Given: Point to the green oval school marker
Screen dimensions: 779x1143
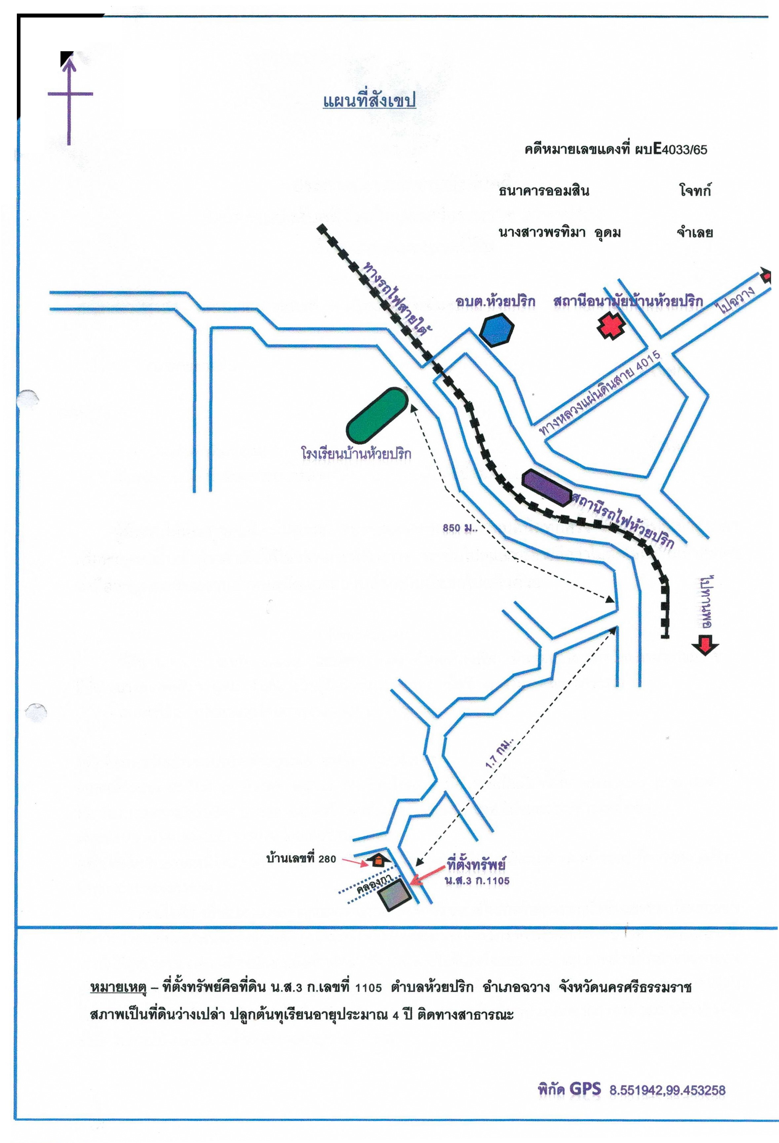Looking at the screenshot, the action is coord(377,414).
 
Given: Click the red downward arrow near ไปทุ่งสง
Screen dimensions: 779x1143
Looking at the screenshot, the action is coord(704,645).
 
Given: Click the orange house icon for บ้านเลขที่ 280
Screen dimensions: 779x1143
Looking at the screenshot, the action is coord(378,860).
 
